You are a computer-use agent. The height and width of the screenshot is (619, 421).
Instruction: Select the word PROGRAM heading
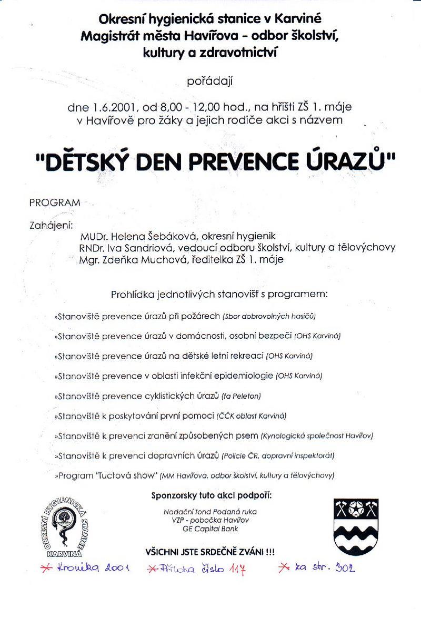pyautogui.click(x=55, y=202)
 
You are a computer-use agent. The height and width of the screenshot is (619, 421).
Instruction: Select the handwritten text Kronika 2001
pyautogui.click(x=93, y=569)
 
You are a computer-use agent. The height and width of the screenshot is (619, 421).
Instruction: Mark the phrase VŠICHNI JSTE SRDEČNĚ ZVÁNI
pyautogui.click(x=210, y=552)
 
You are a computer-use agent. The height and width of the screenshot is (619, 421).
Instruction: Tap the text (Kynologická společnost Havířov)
pyautogui.click(x=316, y=436)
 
